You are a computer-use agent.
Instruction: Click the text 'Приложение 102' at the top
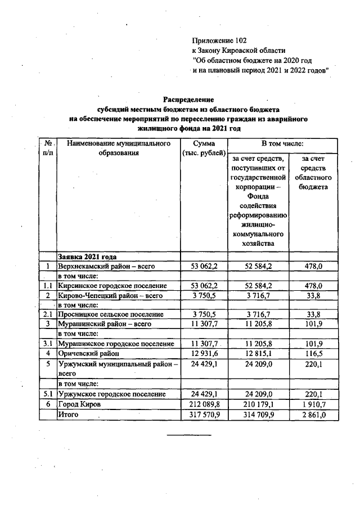(219, 40)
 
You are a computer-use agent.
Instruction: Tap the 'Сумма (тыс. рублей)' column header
(203, 148)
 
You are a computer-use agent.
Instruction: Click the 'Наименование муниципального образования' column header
(118, 148)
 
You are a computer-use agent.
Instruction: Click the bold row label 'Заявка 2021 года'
(87, 256)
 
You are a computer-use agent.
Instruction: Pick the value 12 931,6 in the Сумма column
(203, 353)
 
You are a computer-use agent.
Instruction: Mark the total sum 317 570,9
(203, 415)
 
